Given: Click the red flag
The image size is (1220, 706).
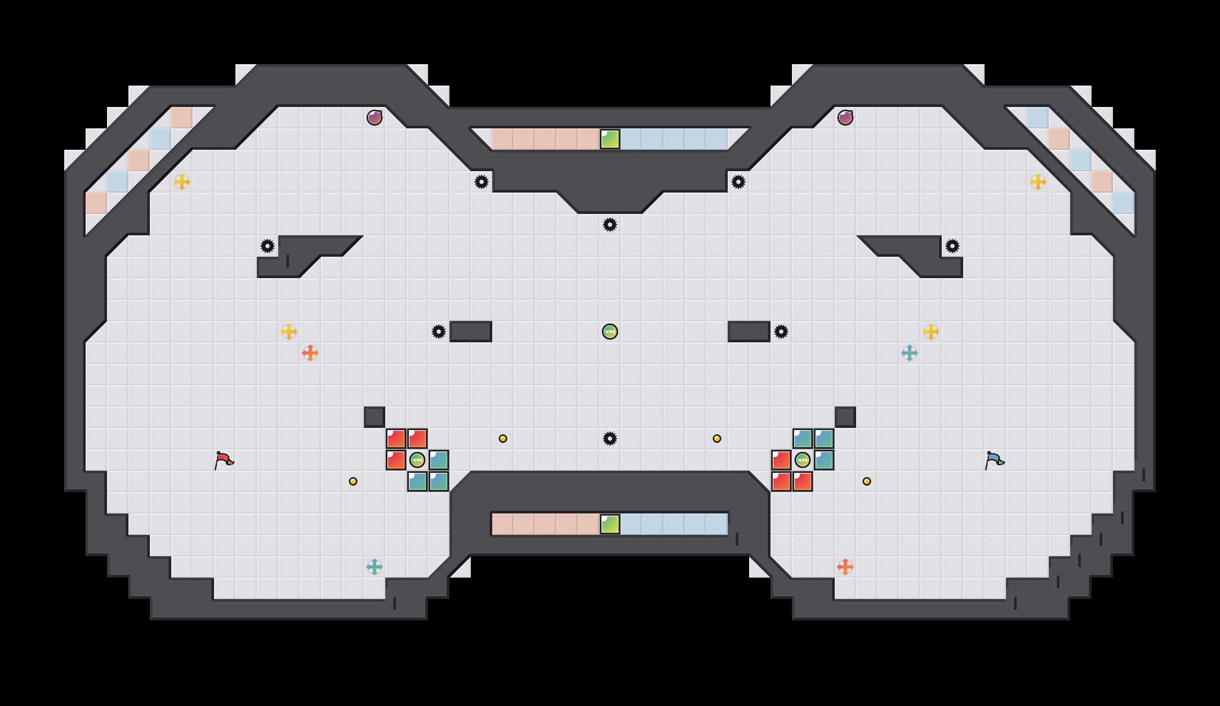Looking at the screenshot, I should coord(224,460).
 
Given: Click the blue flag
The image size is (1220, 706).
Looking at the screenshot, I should coord(994,460).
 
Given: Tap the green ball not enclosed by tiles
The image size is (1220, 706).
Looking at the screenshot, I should coord(610,332).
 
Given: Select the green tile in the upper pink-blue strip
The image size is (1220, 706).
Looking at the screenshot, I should coord(610,139).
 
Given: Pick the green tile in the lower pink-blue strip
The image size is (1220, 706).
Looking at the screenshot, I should coord(610,524).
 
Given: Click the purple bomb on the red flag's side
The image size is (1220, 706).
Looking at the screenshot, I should coord(375,118).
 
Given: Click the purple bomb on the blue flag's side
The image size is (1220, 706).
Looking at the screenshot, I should coord(845,118).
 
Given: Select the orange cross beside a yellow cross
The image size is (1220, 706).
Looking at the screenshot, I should coord(310,353).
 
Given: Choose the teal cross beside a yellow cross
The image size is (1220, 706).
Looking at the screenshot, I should coord(910,353).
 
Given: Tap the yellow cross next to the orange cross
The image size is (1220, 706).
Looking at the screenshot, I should coord(289,332).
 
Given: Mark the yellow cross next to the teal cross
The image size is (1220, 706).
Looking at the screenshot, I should coord(931,332).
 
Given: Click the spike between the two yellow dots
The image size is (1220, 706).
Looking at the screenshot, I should coord(610,439).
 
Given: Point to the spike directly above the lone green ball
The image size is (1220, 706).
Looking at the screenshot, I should coord(610,225).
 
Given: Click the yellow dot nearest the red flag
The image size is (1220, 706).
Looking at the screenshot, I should coord(353,481).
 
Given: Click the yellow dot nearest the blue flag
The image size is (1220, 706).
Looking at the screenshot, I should coord(867,481).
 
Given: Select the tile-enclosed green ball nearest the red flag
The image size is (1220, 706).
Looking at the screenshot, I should coord(417,460).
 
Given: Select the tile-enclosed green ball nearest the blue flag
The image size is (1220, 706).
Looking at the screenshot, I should coord(803,460).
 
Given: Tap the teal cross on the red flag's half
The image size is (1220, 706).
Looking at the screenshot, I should coord(375,567).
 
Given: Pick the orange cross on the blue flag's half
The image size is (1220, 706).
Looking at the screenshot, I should coord(845,567).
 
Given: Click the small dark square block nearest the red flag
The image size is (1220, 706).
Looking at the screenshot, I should coord(375,417).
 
